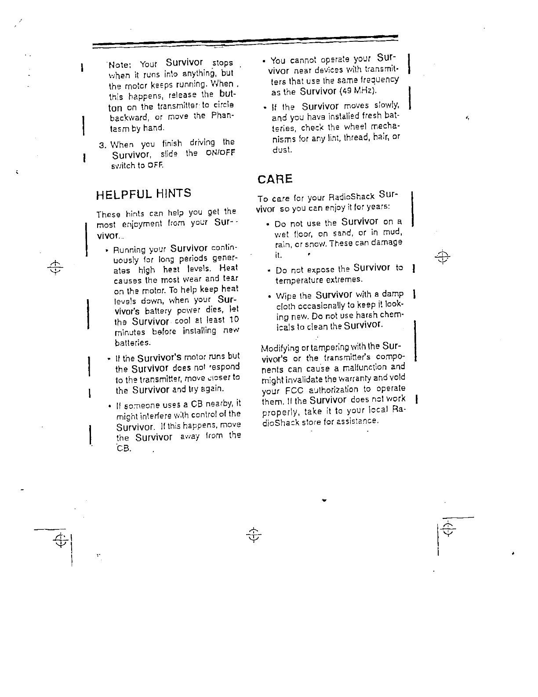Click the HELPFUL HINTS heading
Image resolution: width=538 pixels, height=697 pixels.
point(144,194)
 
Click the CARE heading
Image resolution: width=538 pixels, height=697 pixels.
point(274,179)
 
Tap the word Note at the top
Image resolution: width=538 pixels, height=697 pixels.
point(117,65)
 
